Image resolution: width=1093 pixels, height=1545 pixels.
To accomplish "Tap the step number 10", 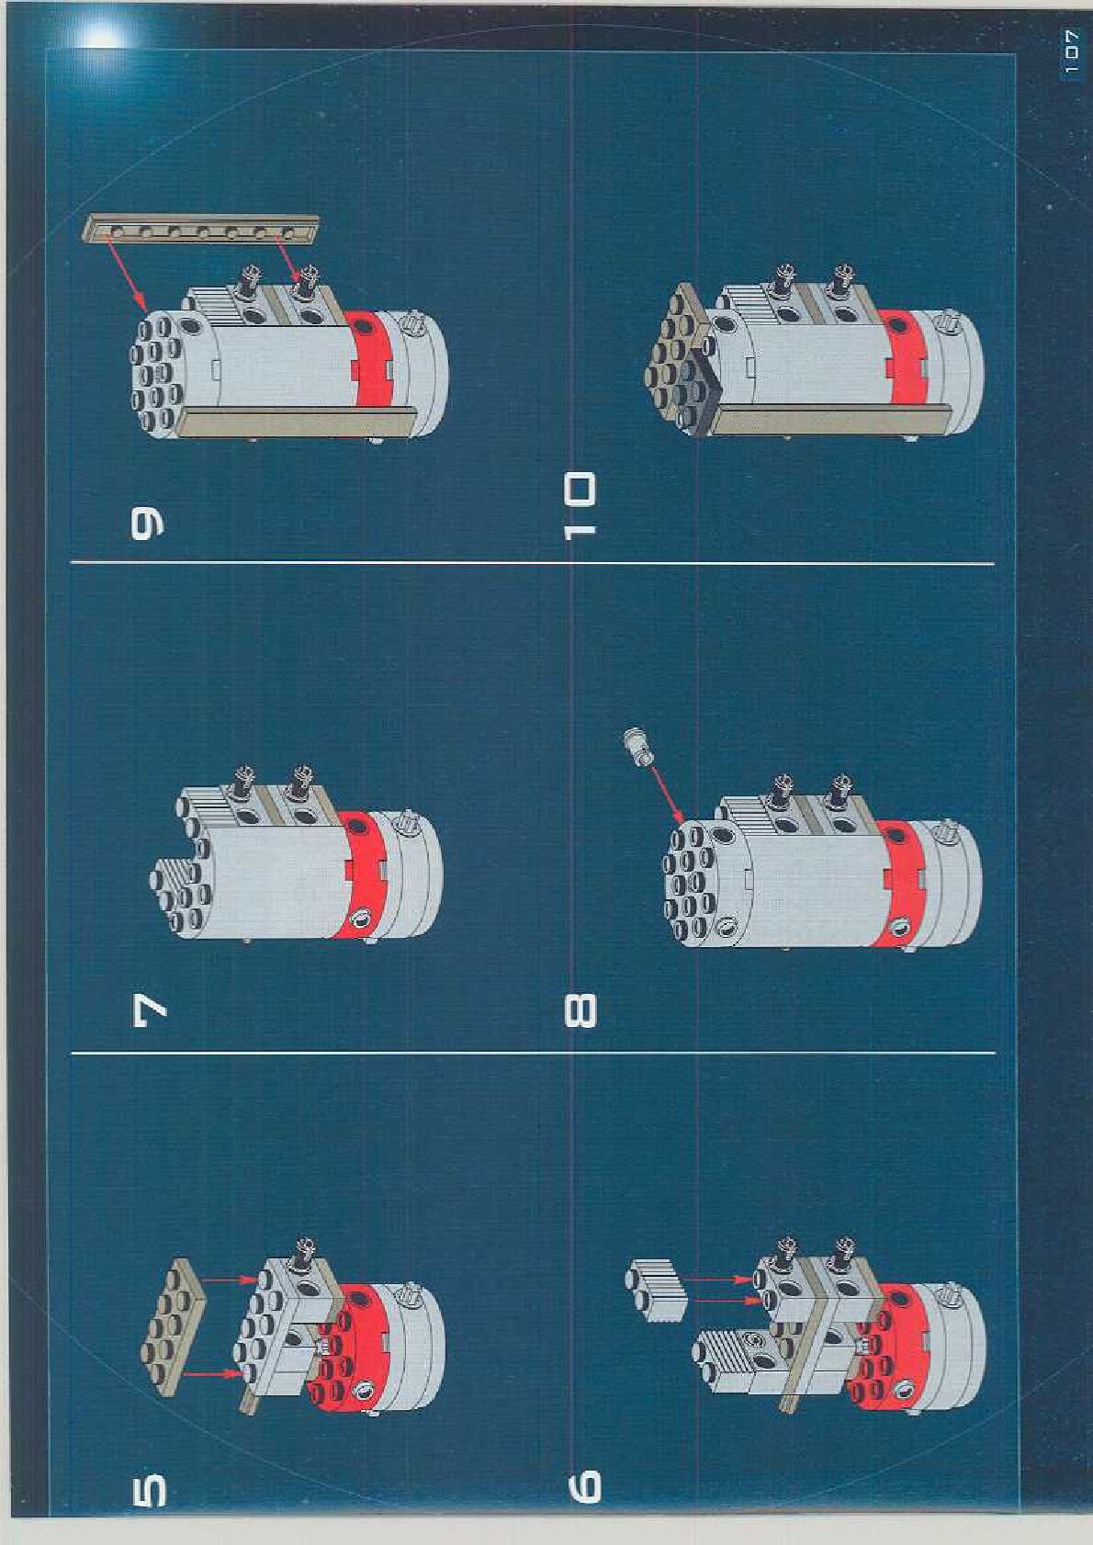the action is tap(580, 505).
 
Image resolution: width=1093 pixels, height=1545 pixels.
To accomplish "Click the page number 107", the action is tap(1070, 52).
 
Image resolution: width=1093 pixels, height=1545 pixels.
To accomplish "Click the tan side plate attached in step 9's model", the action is tap(297, 422).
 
